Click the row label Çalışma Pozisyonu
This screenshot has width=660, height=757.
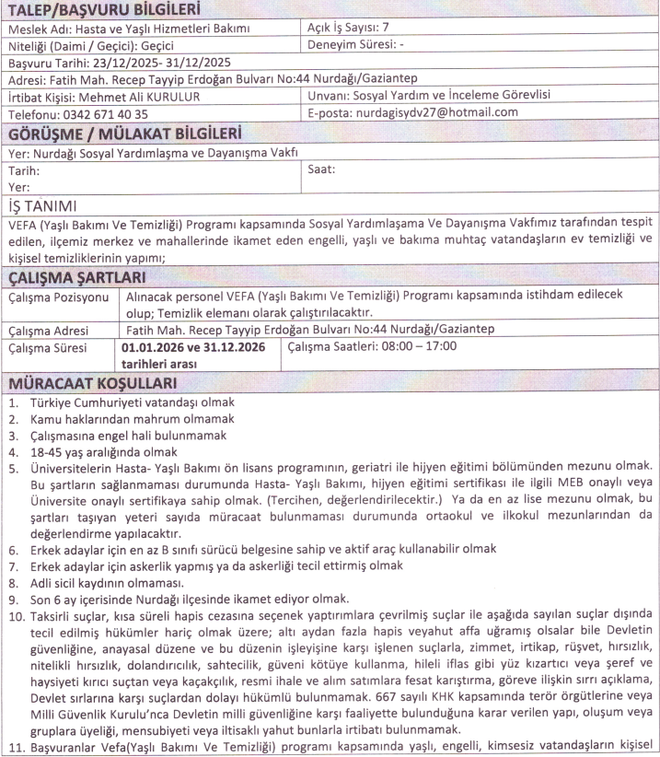[57, 299]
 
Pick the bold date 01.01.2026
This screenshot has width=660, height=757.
[152, 347]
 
